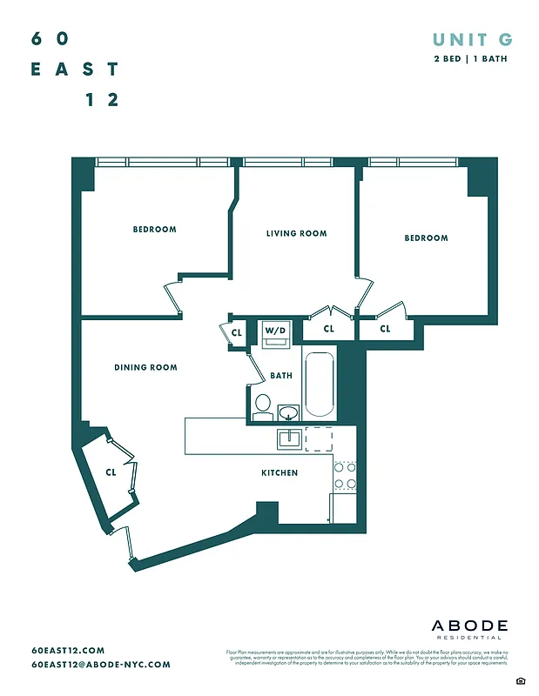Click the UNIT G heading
point(472,39)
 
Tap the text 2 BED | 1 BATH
point(471,59)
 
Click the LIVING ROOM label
point(296,233)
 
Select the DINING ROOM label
point(145,367)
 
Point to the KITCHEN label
point(280,472)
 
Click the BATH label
point(281,376)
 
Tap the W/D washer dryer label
point(275,331)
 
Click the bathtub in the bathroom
point(320,383)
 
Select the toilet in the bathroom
point(262,405)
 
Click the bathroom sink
point(288,411)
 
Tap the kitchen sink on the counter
point(289,438)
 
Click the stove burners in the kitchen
point(345,475)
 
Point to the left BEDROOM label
point(154,230)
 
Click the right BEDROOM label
point(426,238)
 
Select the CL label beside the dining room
point(111,472)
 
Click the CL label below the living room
point(328,329)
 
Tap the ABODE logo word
point(470,626)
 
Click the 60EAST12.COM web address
point(68,650)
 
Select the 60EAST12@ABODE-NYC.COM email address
point(100,664)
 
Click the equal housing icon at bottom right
point(520,679)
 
